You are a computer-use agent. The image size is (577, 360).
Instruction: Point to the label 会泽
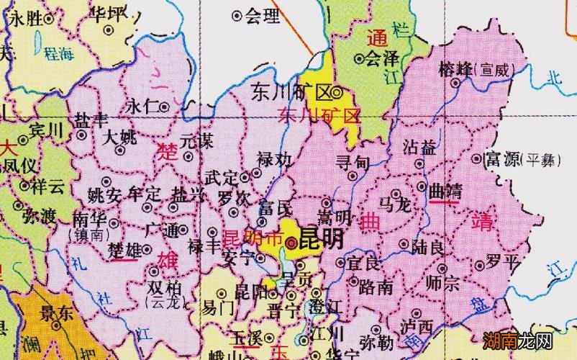[382, 57]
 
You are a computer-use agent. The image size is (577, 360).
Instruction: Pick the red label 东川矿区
[318, 114]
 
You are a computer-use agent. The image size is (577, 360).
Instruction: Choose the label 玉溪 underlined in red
[246, 338]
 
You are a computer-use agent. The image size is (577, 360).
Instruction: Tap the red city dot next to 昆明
[289, 243]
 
